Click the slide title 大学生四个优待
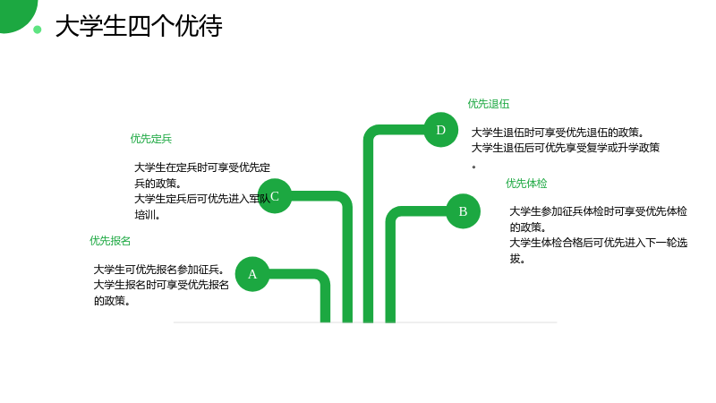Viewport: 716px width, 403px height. [139, 26]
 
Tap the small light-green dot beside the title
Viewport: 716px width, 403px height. [38, 30]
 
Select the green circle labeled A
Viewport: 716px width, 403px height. [252, 274]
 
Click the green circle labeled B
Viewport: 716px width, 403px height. [463, 211]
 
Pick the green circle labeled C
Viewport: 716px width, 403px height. [275, 196]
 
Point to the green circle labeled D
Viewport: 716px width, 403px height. [440, 130]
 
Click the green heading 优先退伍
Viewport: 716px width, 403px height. [488, 104]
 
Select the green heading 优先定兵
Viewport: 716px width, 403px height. [151, 139]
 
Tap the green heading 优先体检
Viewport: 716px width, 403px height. [526, 184]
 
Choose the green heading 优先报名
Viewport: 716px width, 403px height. [110, 241]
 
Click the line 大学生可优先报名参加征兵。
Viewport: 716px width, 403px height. [159, 270]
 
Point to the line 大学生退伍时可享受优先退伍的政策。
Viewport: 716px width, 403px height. [558, 133]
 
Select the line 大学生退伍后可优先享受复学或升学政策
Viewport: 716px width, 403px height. [566, 148]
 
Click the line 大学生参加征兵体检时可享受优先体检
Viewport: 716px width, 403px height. [598, 211]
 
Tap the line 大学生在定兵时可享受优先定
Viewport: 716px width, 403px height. [202, 167]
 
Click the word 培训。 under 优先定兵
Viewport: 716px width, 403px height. [147, 214]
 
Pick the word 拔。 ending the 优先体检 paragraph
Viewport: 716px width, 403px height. [517, 259]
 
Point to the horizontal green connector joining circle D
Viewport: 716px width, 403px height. [399, 130]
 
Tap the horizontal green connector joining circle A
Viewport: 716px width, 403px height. [293, 274]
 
